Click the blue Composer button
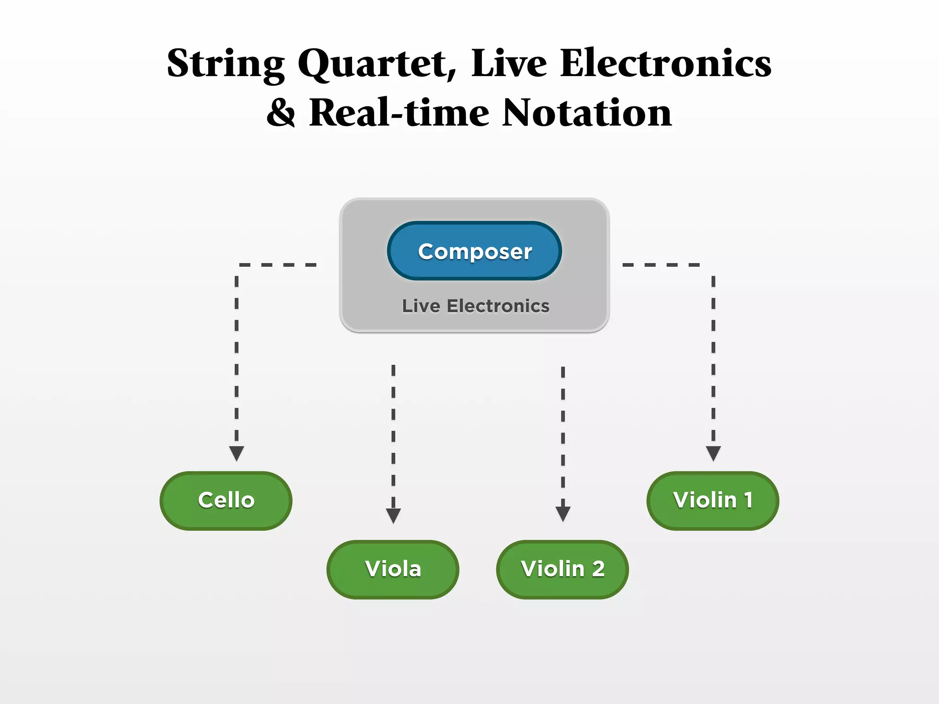click(475, 251)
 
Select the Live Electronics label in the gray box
click(475, 306)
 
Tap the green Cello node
click(226, 500)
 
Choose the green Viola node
click(393, 569)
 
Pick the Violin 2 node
click(563, 569)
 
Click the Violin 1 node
click(713, 500)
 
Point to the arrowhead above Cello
click(237, 453)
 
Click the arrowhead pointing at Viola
click(393, 515)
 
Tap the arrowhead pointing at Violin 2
click(563, 513)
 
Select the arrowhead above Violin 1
click(713, 453)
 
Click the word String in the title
click(226, 64)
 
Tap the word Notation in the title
click(587, 113)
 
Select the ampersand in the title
click(281, 113)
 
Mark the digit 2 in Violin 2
click(598, 569)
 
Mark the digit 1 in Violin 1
click(748, 500)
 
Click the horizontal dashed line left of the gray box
click(278, 265)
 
